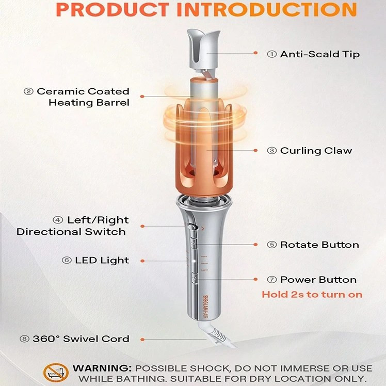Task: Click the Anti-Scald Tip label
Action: point(319,54)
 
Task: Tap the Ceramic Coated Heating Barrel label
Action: point(83,96)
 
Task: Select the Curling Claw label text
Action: point(316,150)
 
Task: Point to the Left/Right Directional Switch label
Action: point(73,226)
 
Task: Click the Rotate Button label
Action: point(319,245)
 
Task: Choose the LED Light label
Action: point(102,260)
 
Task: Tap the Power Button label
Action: point(318,279)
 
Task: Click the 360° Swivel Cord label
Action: point(81,339)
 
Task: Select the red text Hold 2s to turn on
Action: point(312,295)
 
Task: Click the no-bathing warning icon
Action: point(56,373)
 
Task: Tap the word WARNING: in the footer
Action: point(102,368)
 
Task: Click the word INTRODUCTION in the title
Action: point(267,9)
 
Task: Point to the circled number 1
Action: point(272,54)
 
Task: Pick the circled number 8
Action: point(24,339)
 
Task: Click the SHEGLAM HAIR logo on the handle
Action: point(206,308)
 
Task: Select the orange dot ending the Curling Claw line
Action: point(255,150)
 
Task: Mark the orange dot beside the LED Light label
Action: point(142,261)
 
